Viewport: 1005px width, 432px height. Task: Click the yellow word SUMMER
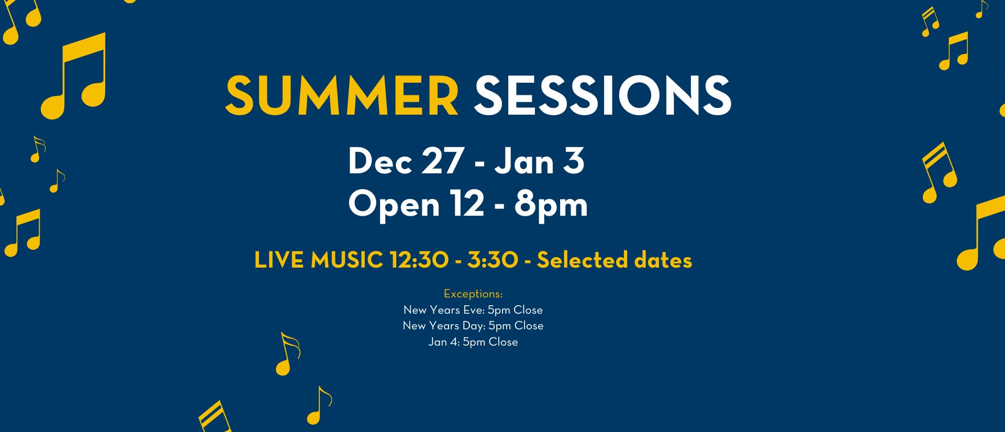[342, 95]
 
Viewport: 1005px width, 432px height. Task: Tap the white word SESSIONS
[602, 95]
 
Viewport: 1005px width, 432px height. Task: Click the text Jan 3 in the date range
[540, 161]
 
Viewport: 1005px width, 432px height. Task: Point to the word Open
[394, 205]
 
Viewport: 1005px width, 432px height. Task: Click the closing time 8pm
[551, 205]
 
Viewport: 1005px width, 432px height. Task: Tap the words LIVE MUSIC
[318, 260]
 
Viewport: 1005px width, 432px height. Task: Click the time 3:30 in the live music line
[493, 260]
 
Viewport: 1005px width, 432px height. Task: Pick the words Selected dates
[615, 260]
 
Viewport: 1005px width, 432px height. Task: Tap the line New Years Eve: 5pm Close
[473, 310]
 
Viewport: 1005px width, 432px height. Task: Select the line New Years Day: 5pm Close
[473, 326]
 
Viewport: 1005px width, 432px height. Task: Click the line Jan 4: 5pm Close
[473, 342]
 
